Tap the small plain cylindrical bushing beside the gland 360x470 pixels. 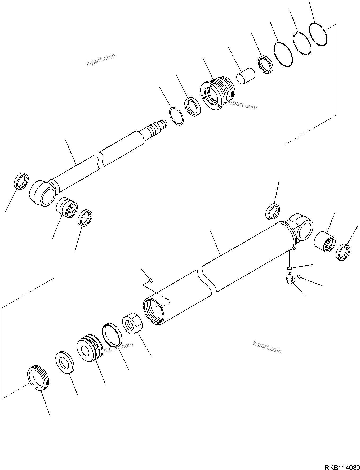(245, 76)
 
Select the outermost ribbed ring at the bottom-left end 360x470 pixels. (38, 378)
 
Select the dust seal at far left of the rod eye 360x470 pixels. (21, 181)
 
